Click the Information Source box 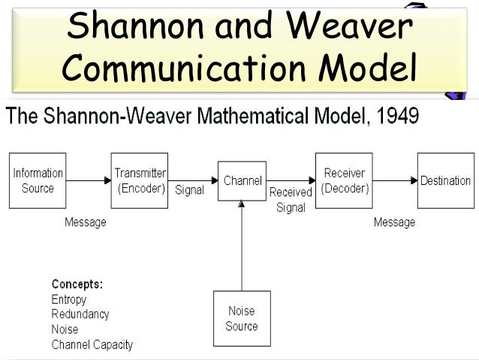pyautogui.click(x=37, y=180)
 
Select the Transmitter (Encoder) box pyautogui.click(x=140, y=180)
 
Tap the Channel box pyautogui.click(x=242, y=180)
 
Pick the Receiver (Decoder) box pyautogui.click(x=344, y=180)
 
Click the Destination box pyautogui.click(x=445, y=180)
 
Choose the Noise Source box pyautogui.click(x=241, y=318)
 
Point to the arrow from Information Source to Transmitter pyautogui.click(x=88, y=180)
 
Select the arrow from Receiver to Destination pyautogui.click(x=395, y=180)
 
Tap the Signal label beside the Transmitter pyautogui.click(x=189, y=190)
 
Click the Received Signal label pyautogui.click(x=291, y=200)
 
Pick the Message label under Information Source pyautogui.click(x=85, y=222)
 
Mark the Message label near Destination pyautogui.click(x=394, y=222)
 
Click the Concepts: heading pyautogui.click(x=77, y=284)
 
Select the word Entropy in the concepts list pyautogui.click(x=68, y=300)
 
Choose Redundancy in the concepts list pyautogui.click(x=80, y=314)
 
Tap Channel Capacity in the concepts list pyautogui.click(x=92, y=345)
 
